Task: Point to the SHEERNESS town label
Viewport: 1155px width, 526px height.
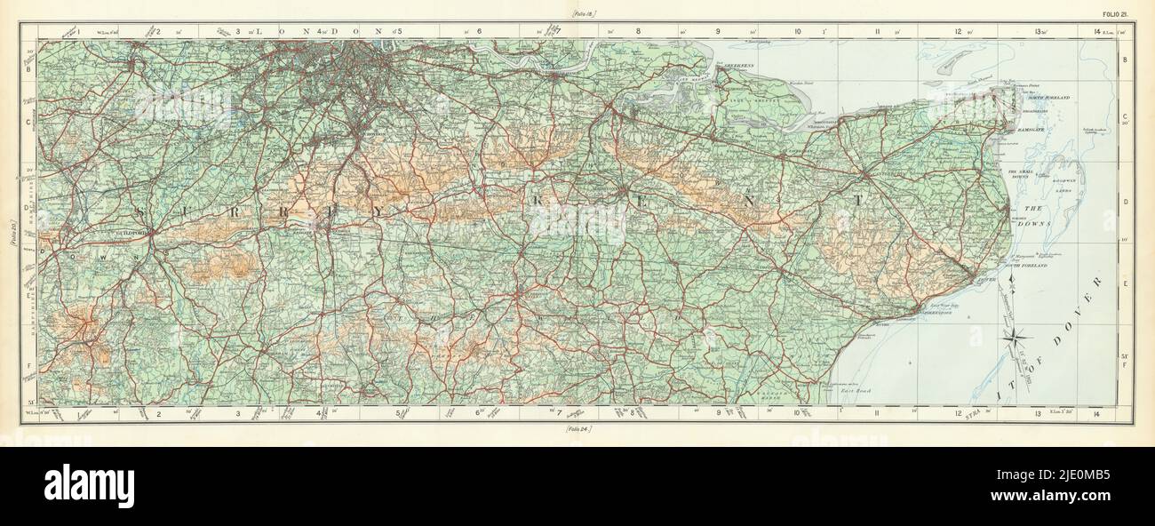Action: [x=736, y=66]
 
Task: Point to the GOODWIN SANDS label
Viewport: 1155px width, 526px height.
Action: [x=1070, y=182]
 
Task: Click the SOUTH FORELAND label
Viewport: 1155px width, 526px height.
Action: [x=1024, y=266]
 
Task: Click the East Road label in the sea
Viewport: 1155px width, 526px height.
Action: [x=857, y=389]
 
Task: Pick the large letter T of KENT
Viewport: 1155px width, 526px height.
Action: [x=857, y=201]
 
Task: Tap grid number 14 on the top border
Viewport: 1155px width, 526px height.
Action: [x=1098, y=31]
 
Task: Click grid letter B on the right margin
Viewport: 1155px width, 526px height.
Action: [x=1127, y=59]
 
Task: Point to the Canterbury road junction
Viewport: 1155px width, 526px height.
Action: [x=865, y=172]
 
